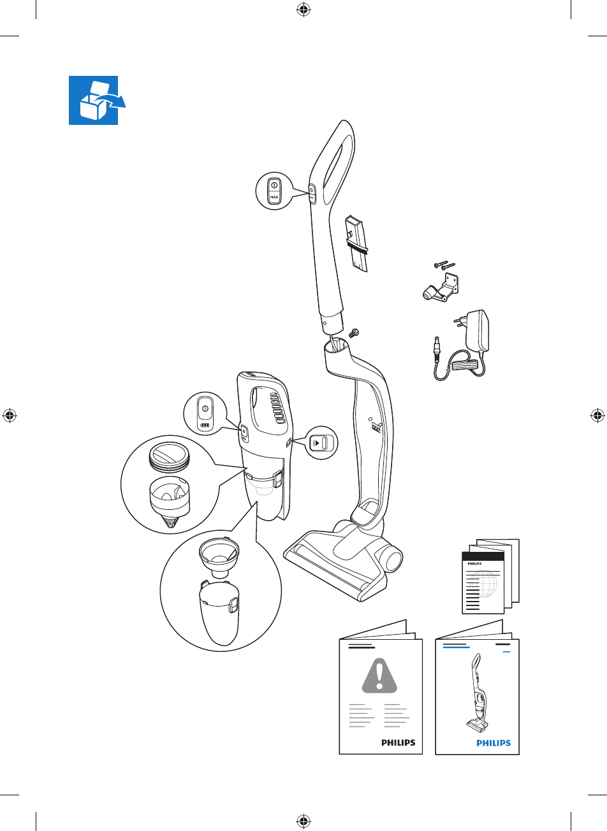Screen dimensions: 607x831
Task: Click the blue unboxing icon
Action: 96,101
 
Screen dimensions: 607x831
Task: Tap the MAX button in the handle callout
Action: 274,198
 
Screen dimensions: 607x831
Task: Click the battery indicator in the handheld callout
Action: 205,426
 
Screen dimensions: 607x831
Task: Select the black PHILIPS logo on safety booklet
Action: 398,742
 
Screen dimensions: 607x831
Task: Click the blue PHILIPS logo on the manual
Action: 494,742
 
